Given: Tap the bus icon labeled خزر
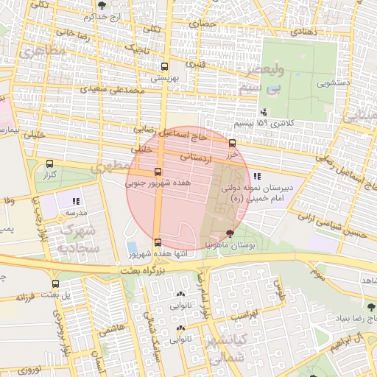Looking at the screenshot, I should coord(233,143).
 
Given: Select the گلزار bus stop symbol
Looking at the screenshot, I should coord(49,164).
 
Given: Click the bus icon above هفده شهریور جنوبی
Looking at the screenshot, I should coord(158,172).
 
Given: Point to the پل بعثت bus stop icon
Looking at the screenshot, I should coord(55,283).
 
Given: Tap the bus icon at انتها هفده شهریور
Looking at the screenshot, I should coord(158,242).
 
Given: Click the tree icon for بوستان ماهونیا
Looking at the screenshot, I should coord(230,233).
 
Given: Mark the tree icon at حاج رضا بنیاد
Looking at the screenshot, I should coord(370,306).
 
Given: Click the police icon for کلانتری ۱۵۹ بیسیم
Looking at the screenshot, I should coord(264,113).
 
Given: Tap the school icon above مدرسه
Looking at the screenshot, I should coord(75,200).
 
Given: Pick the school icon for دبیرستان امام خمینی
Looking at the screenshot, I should coord(257,176).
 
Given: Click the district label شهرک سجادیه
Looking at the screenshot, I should coord(79,239).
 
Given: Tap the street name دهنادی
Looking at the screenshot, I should coord(303,32).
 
